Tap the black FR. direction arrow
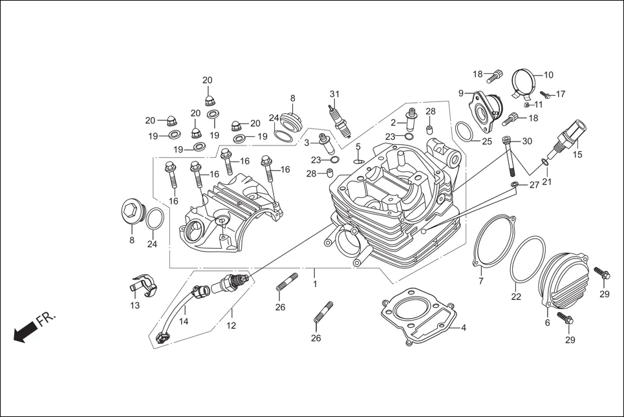coord(25,332)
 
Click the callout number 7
coord(480,281)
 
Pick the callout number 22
coord(515,297)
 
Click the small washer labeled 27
coord(514,186)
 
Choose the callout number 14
coord(184,321)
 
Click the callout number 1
coord(315,284)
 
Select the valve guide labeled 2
coord(409,121)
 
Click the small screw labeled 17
coord(544,95)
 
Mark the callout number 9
coord(461,93)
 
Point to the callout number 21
coord(547,182)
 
